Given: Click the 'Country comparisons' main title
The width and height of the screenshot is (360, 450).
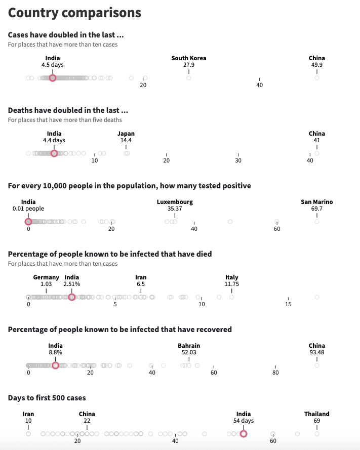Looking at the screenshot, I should pyautogui.click(x=74, y=13).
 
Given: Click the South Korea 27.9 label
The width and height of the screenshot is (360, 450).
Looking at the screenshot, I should pyautogui.click(x=189, y=62).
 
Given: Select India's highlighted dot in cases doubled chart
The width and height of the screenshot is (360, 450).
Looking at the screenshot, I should pyautogui.click(x=53, y=78).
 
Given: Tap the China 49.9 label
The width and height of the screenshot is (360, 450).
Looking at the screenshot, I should pyautogui.click(x=317, y=62).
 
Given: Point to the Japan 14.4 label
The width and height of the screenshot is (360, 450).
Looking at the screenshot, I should pyautogui.click(x=126, y=137).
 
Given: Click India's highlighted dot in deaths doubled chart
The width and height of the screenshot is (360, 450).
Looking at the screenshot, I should pyautogui.click(x=54, y=153).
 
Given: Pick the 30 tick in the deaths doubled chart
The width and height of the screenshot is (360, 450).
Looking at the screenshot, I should pyautogui.click(x=238, y=160).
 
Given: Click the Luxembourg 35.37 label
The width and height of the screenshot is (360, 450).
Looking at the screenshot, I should pyautogui.click(x=175, y=205).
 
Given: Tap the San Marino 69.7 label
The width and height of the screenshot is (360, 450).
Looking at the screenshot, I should pyautogui.click(x=317, y=205).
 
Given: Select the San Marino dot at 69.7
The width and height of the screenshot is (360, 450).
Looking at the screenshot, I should pyautogui.click(x=317, y=221).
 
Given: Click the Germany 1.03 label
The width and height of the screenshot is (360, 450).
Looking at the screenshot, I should pyautogui.click(x=46, y=281).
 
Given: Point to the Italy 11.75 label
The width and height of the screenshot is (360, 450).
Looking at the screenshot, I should pyautogui.click(x=232, y=281).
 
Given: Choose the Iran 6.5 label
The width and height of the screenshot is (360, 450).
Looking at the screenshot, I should pyautogui.click(x=141, y=281).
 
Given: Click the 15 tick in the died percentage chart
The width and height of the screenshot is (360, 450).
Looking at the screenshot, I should pyautogui.click(x=288, y=304).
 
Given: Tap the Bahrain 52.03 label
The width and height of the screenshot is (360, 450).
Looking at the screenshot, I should pyautogui.click(x=189, y=349).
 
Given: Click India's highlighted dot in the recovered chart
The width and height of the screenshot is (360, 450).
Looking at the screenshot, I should pyautogui.click(x=55, y=365).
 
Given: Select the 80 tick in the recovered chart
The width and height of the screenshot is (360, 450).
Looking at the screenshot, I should pyautogui.click(x=275, y=373).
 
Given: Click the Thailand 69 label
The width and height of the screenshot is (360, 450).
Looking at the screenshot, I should pyautogui.click(x=317, y=417).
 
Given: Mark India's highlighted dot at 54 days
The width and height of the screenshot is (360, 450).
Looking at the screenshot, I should pyautogui.click(x=244, y=434).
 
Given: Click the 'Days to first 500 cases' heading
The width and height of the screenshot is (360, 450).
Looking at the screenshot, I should pyautogui.click(x=47, y=398).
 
